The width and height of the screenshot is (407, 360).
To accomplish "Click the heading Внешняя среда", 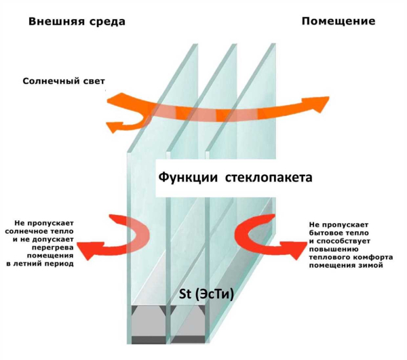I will [x=77, y=21].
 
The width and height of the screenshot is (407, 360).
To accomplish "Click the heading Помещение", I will [x=338, y=21].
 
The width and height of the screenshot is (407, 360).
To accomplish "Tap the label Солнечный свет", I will [x=64, y=81].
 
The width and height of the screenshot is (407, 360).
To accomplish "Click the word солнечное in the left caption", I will [x=39, y=231].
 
